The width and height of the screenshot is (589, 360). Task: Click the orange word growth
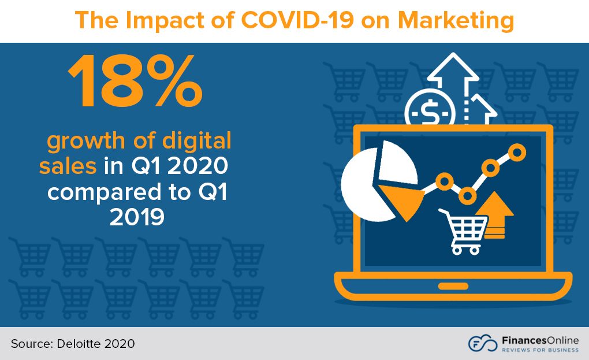91,142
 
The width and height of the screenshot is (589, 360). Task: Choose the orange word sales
68,166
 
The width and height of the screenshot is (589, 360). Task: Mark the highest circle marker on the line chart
517,153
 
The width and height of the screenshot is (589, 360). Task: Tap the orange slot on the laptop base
453,286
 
